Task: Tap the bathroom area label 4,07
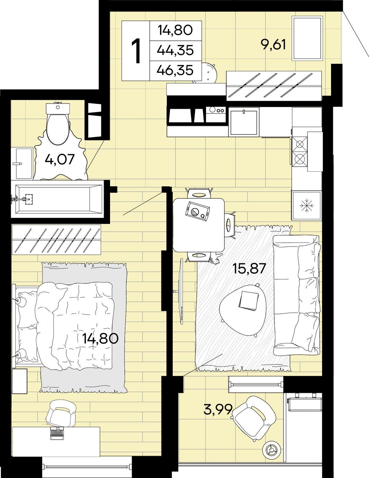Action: (x=60, y=159)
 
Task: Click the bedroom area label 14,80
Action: (x=100, y=338)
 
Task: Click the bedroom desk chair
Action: (x=61, y=413)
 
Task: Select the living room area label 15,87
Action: (x=249, y=268)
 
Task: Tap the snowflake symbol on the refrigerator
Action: (x=307, y=206)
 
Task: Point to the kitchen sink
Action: (x=244, y=122)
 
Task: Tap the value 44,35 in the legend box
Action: (x=175, y=50)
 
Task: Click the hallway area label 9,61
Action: (x=273, y=45)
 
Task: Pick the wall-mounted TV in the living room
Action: (x=181, y=292)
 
